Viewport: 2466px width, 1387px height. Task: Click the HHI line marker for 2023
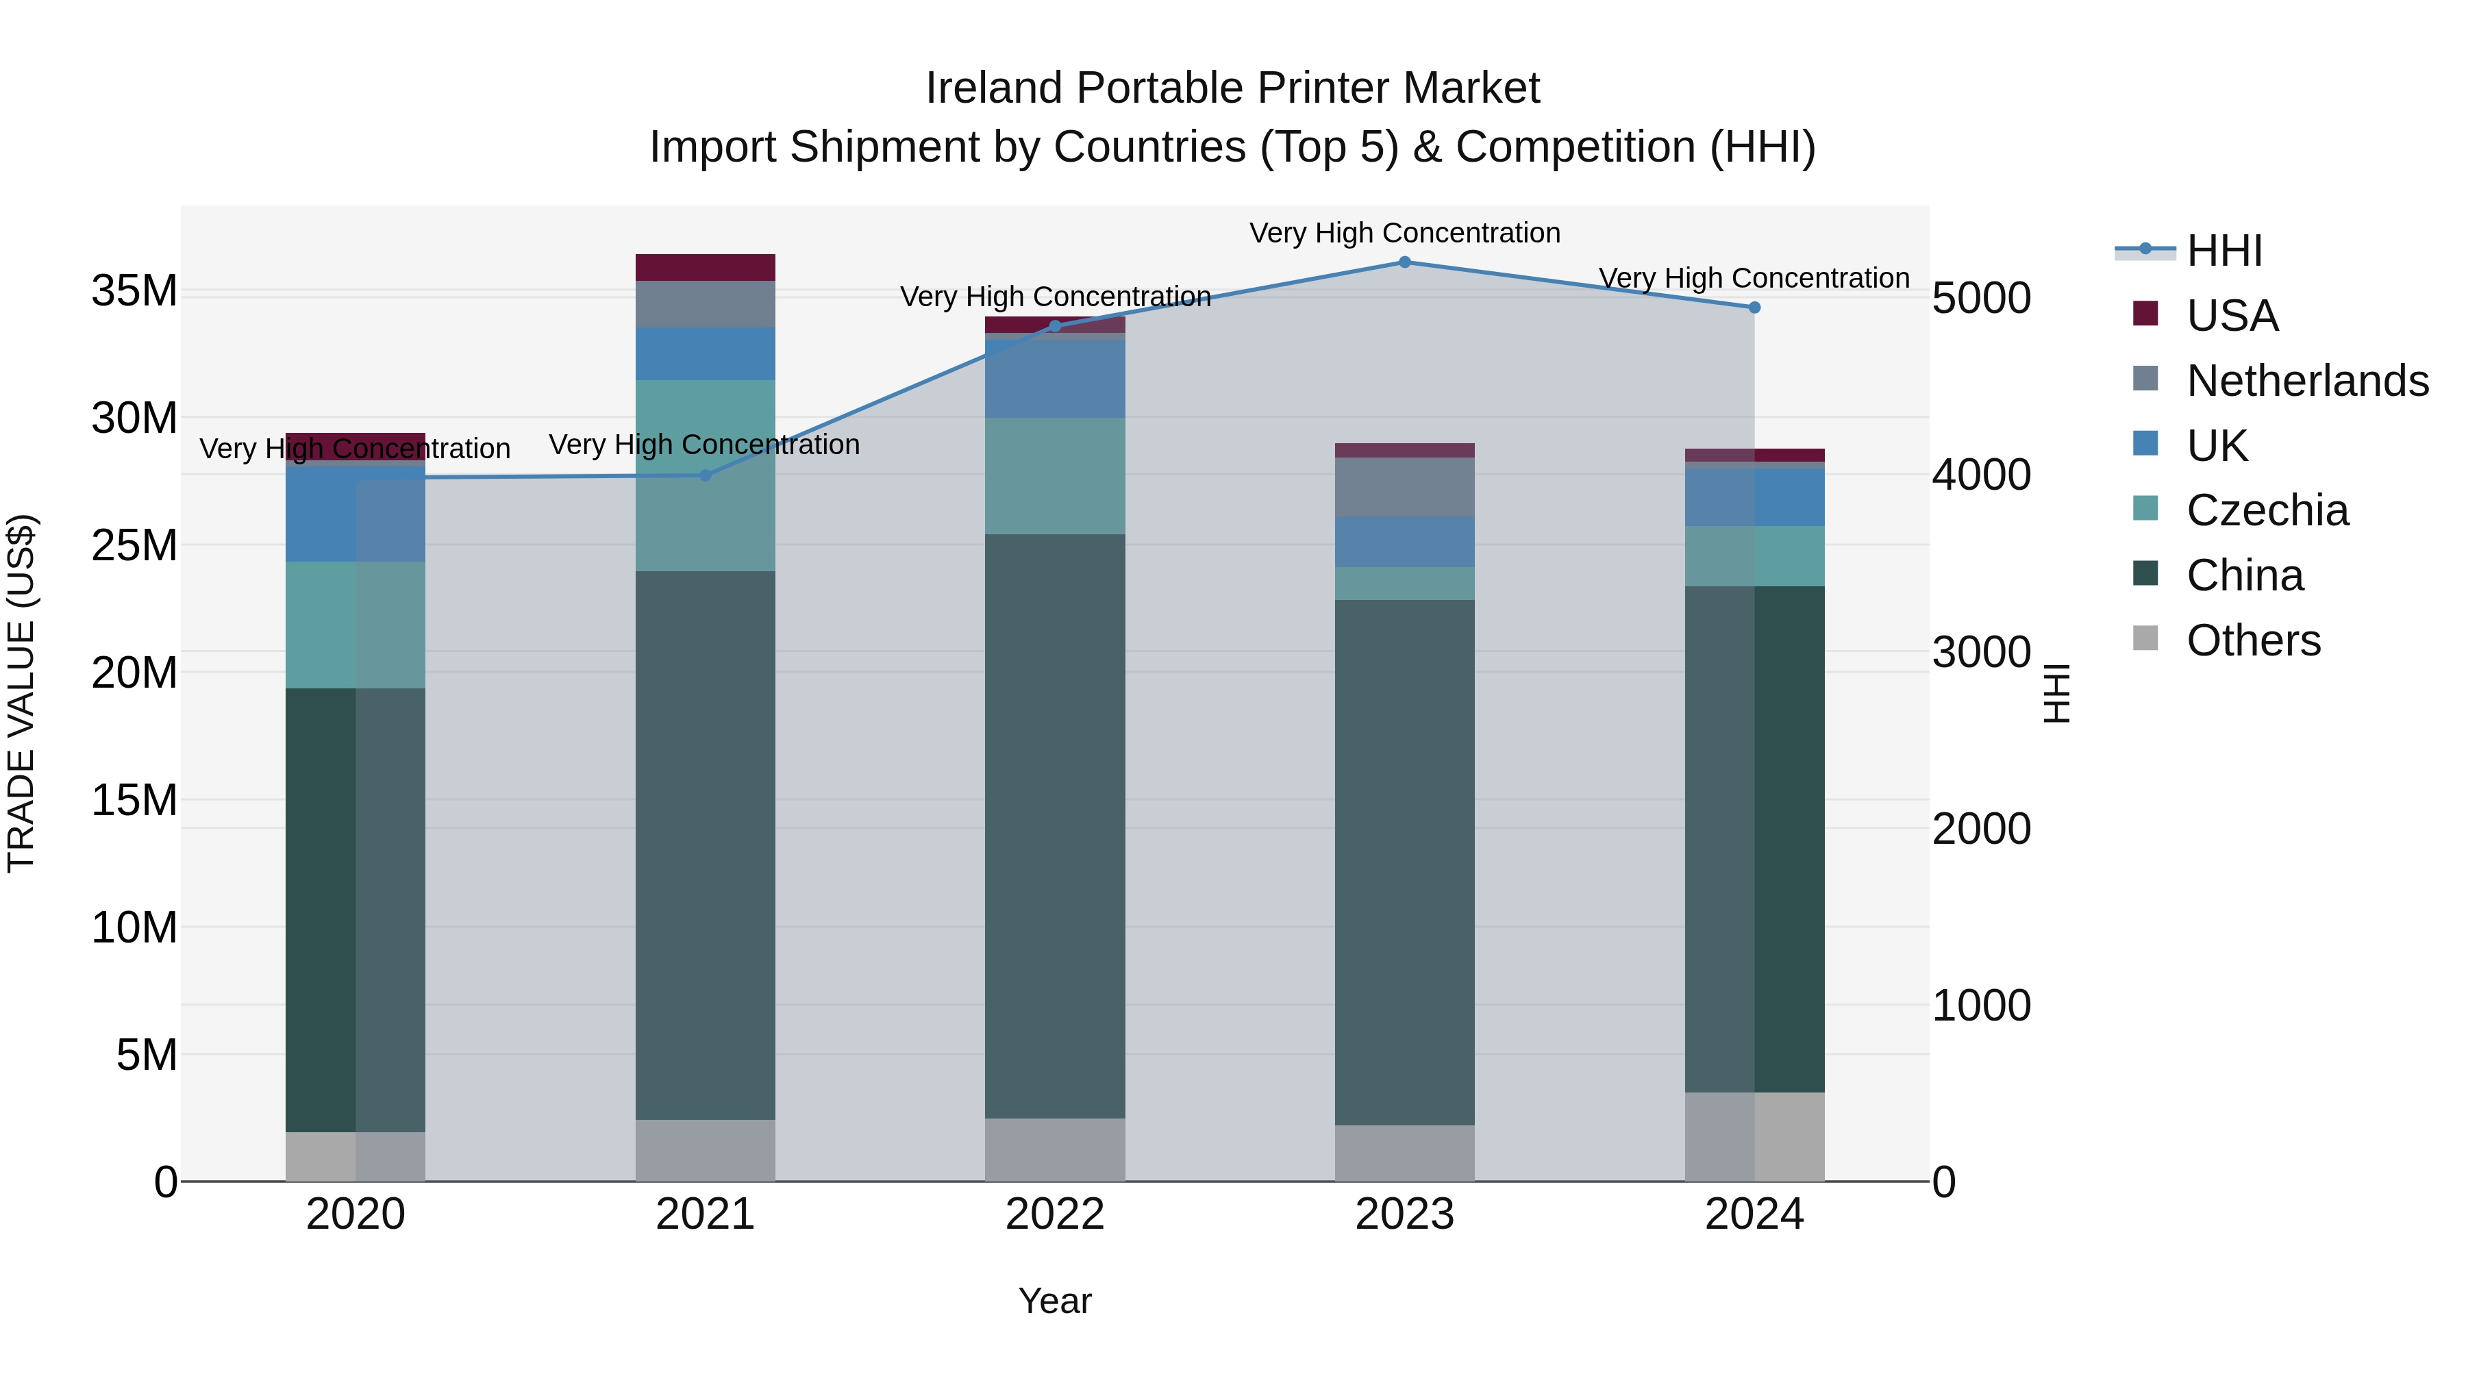tap(1404, 262)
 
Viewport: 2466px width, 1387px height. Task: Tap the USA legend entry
tap(2232, 316)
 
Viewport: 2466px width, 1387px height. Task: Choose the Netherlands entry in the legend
tap(2307, 381)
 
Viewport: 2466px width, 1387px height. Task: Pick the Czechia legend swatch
tap(2146, 508)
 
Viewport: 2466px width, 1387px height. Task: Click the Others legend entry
tap(2252, 640)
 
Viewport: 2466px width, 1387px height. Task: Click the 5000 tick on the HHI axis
tap(1980, 299)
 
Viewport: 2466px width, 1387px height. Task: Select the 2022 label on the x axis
tap(1055, 1214)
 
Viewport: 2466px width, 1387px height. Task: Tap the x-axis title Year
tap(1055, 1301)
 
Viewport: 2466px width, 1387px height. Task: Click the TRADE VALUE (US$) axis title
tap(21, 693)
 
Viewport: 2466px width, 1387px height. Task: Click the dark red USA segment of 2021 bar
tap(706, 267)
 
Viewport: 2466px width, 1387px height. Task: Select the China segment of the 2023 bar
tap(1404, 862)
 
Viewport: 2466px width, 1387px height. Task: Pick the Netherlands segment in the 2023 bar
tap(1404, 486)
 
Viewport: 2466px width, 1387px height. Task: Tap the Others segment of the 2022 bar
tap(1055, 1149)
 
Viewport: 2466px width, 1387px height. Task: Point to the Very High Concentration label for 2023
tap(1404, 233)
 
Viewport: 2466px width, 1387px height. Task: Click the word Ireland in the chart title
tap(995, 88)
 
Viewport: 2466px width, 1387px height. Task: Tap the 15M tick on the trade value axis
tap(134, 800)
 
